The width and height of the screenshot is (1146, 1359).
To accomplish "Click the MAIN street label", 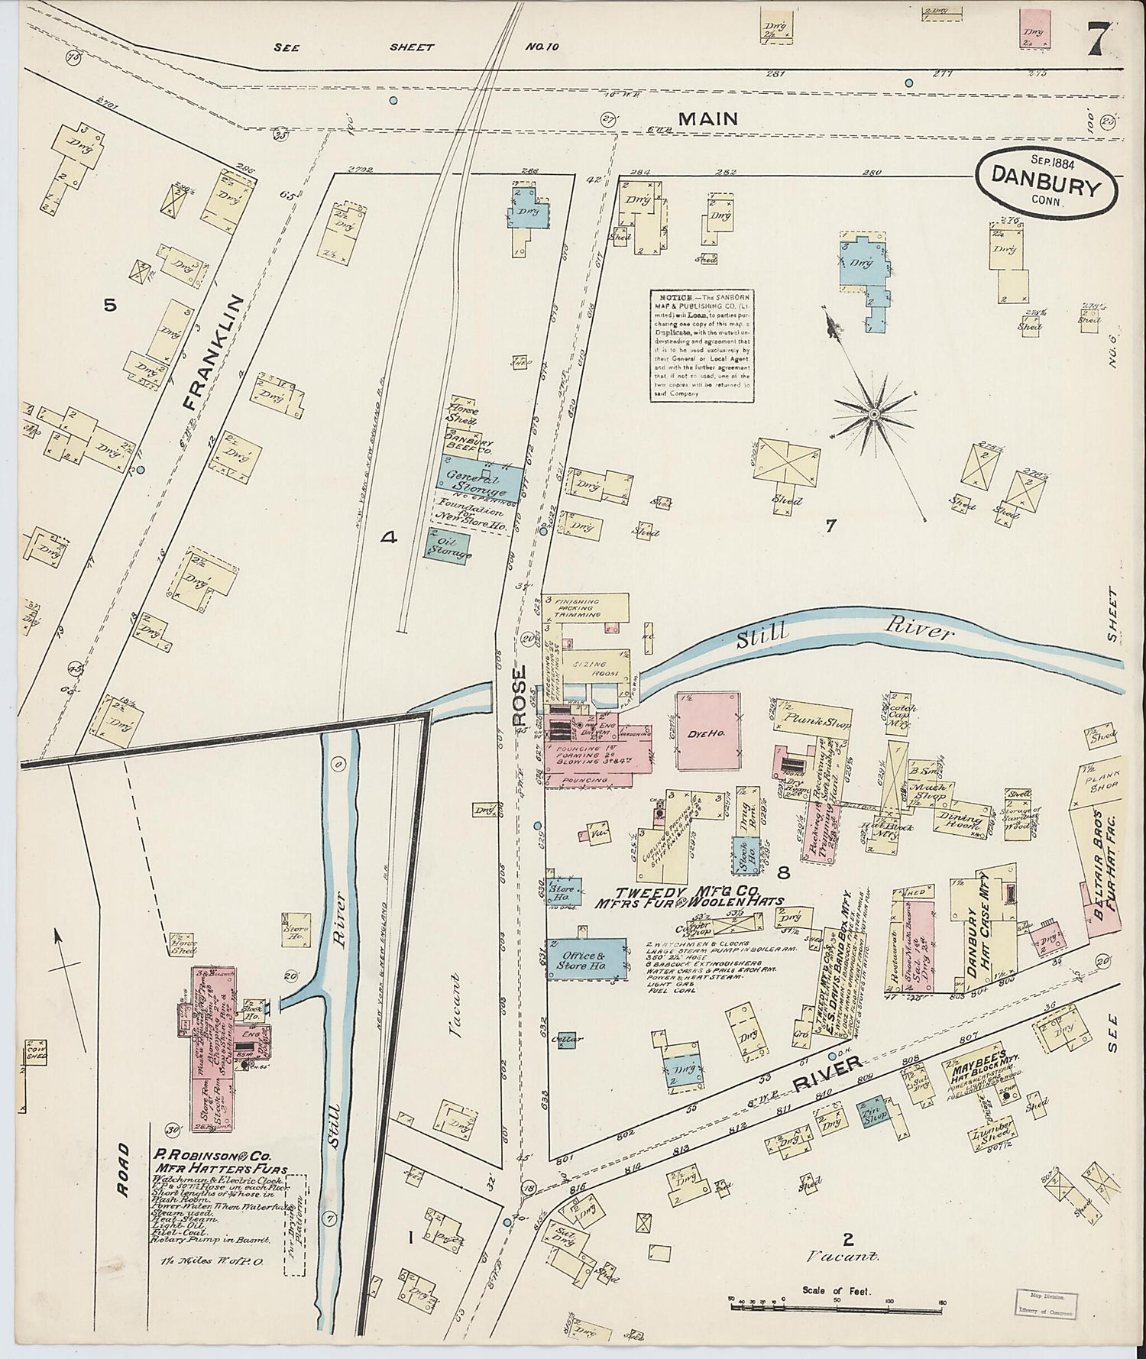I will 707,118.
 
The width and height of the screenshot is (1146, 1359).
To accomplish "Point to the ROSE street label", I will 520,685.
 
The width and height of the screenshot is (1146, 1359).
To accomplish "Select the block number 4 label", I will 389,539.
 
